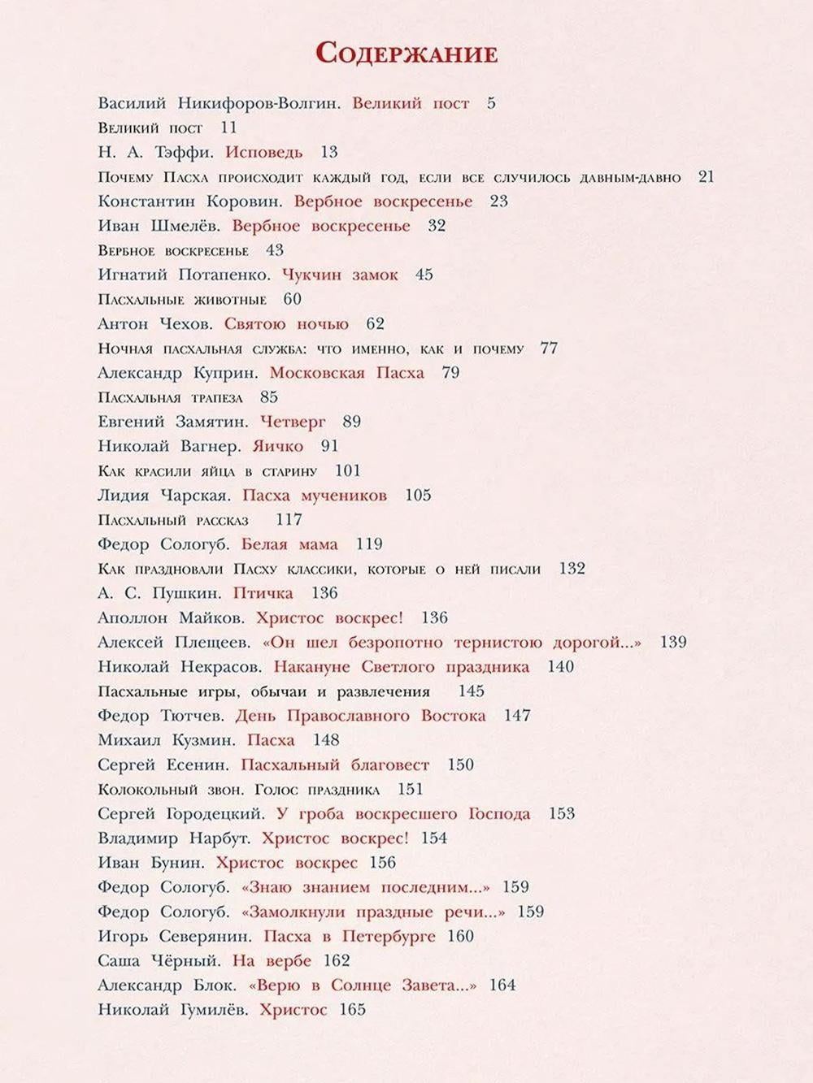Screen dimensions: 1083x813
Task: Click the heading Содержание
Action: pyautogui.click(x=406, y=53)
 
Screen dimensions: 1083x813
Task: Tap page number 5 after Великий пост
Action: pyautogui.click(x=491, y=103)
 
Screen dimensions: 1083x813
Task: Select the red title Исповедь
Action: pyautogui.click(x=264, y=152)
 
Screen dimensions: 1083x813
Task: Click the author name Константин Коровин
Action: pyautogui.click(x=190, y=201)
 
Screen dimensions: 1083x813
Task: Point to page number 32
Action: pyautogui.click(x=437, y=225)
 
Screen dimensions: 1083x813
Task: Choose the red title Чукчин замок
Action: pyautogui.click(x=340, y=275)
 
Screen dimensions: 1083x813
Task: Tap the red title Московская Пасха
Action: pyautogui.click(x=346, y=373)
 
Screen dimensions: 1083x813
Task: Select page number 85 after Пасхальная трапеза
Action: pyautogui.click(x=269, y=397)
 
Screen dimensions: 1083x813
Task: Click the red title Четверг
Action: pyautogui.click(x=293, y=422)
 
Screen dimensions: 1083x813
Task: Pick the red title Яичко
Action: pyautogui.click(x=278, y=446)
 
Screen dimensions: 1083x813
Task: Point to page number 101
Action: pyautogui.click(x=347, y=470)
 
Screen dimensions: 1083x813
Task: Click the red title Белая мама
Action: pyautogui.click(x=290, y=544)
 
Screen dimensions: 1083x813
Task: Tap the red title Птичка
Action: pyautogui.click(x=263, y=593)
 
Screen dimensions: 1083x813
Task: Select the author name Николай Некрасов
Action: pyautogui.click(x=180, y=667)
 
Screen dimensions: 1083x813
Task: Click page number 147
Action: pyautogui.click(x=517, y=716)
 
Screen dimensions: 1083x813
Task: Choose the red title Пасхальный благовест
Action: pyautogui.click(x=335, y=765)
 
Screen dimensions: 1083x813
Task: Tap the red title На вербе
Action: pyautogui.click(x=272, y=960)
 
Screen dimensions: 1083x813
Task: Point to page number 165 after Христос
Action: pyautogui.click(x=353, y=1010)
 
